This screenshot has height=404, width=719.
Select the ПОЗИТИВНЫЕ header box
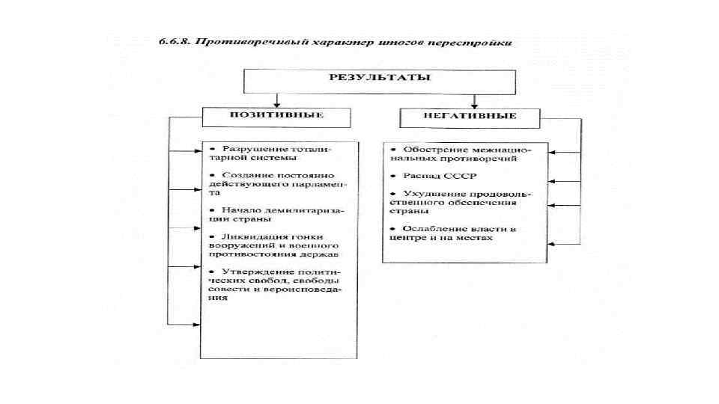(276, 116)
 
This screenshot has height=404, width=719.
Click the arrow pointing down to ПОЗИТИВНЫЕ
(276, 99)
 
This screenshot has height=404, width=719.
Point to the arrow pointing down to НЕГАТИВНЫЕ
(474, 99)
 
